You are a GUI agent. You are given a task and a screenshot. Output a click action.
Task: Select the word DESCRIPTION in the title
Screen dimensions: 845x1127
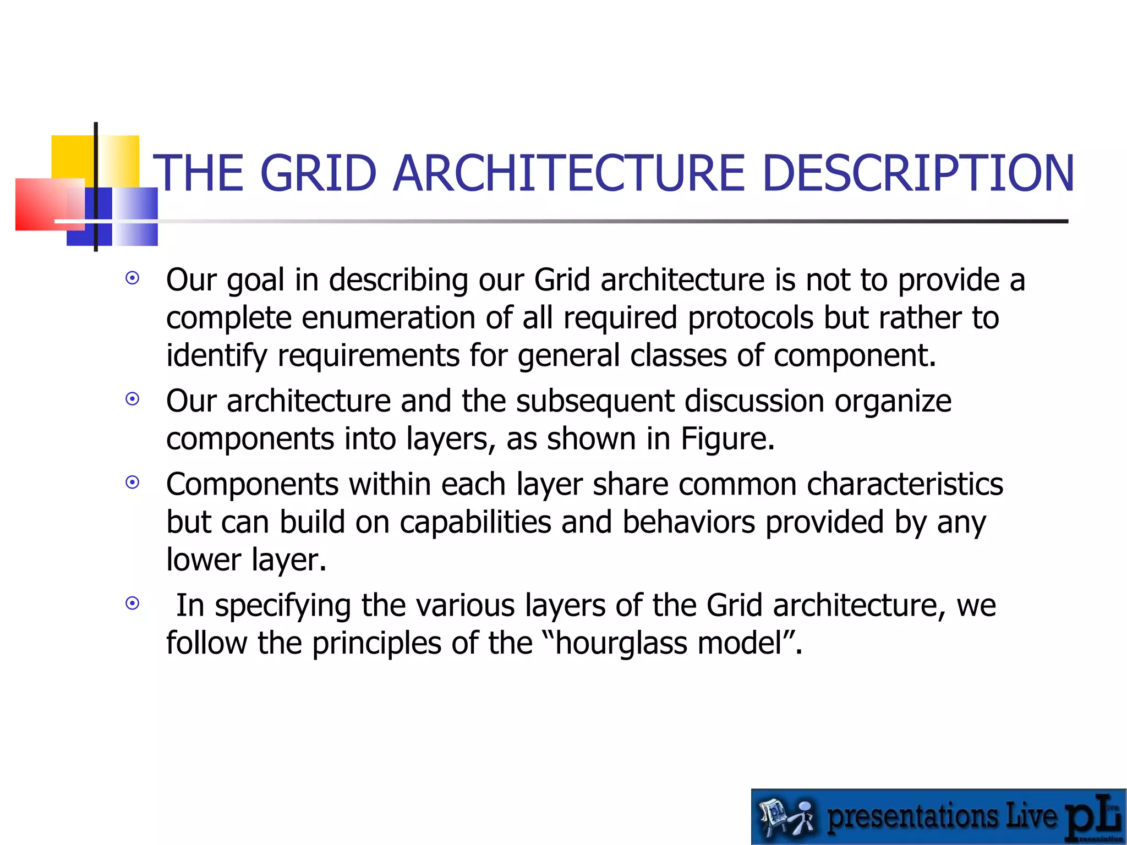tap(918, 173)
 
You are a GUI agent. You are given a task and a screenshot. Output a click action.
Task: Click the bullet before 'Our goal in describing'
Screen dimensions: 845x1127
tap(132, 278)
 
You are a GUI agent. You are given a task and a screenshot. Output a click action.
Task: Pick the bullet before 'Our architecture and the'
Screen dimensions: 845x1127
tap(132, 399)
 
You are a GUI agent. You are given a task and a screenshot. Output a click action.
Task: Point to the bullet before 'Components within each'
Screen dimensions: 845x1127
tap(132, 482)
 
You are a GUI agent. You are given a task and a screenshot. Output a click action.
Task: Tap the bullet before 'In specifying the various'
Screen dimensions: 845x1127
tap(132, 603)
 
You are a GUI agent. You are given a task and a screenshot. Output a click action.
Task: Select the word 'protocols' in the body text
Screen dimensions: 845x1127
tap(751, 318)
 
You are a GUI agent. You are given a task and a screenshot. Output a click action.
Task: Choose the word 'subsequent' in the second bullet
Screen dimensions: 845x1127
tap(595, 400)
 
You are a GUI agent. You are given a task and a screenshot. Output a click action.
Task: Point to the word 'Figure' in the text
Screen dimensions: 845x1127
tap(723, 439)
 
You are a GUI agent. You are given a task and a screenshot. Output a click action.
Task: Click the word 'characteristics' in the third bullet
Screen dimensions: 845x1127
tap(905, 484)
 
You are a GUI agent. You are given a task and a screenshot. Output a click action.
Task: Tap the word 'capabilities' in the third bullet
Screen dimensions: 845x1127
tap(475, 522)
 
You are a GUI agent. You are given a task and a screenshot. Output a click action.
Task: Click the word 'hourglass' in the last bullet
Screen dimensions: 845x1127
tap(621, 643)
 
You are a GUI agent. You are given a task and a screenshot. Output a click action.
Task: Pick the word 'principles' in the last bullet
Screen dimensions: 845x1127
tap(376, 643)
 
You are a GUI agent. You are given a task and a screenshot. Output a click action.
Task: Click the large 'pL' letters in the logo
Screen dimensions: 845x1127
tap(1093, 817)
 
